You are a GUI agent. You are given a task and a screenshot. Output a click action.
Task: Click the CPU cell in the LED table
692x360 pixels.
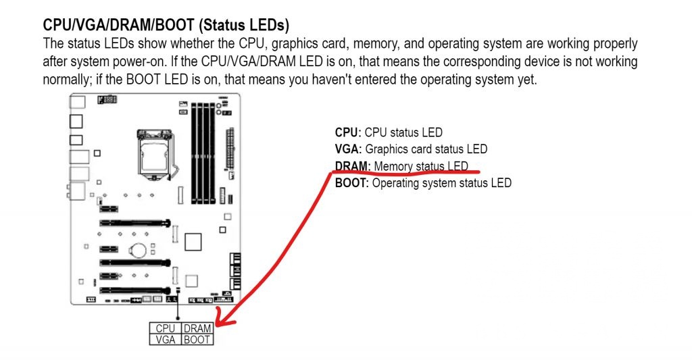(165, 329)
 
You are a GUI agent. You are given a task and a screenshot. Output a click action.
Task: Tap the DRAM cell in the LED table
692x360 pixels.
(197, 329)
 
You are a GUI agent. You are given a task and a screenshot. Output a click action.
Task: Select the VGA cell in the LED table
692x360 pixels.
(165, 340)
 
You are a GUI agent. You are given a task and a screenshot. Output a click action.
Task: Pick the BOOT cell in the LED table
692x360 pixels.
(197, 340)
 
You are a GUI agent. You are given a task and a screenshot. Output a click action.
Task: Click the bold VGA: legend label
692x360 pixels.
(349, 149)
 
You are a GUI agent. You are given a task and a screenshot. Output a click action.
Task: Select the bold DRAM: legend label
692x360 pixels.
(353, 166)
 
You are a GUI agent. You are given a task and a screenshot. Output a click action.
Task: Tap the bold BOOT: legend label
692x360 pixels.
(352, 182)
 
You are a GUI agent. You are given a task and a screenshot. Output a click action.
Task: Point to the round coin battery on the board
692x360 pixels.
(139, 250)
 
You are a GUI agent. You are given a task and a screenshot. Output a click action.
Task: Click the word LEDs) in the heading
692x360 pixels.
(269, 26)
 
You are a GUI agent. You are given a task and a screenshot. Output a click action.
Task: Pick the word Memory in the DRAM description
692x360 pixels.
(393, 166)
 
